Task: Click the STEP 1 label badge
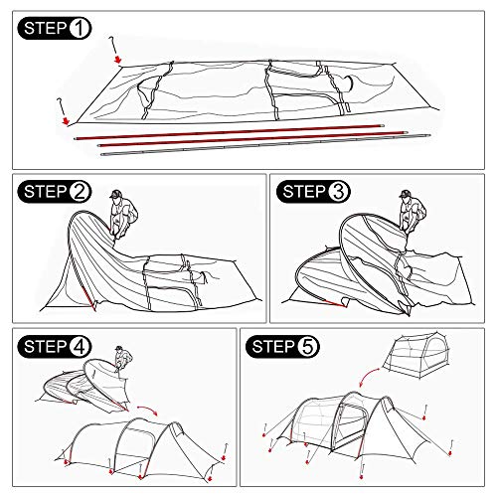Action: pos(55,28)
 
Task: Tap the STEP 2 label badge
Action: pos(55,192)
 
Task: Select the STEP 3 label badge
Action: pos(313,192)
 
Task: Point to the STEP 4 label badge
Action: pos(55,347)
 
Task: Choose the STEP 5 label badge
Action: pos(282,347)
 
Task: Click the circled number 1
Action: pos(80,29)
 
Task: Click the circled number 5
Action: pos(308,347)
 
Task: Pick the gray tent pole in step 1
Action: pos(265,144)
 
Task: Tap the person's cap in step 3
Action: pos(405,194)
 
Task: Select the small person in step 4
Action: pos(123,359)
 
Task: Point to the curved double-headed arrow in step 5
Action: pos(369,377)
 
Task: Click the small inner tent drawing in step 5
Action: pos(416,356)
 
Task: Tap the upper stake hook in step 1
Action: pos(112,45)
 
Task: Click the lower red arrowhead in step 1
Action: pos(67,121)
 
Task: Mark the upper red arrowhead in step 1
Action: pos(118,60)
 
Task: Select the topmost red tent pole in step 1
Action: pos(230,132)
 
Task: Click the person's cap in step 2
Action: pos(115,194)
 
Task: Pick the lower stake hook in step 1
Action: pos(62,106)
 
